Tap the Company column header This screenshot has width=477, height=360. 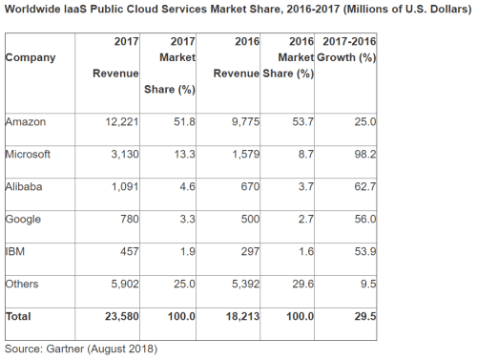pos(31,57)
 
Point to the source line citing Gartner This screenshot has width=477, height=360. pos(80,349)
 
